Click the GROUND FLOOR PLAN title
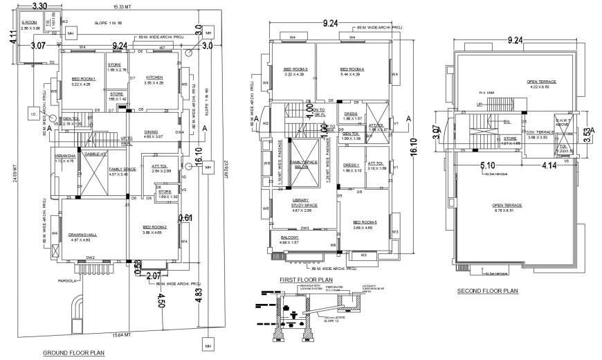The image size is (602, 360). [x=73, y=352]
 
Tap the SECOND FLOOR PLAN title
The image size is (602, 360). [x=487, y=291]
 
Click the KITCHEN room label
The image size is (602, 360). [x=154, y=78]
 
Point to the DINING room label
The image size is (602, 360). [x=151, y=132]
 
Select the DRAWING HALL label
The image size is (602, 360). [x=82, y=235]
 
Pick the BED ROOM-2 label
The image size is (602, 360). [x=155, y=227]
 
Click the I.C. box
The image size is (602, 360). [x=33, y=113]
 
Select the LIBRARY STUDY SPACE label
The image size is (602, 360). [x=304, y=203]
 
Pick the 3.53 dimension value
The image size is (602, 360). [x=587, y=132]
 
